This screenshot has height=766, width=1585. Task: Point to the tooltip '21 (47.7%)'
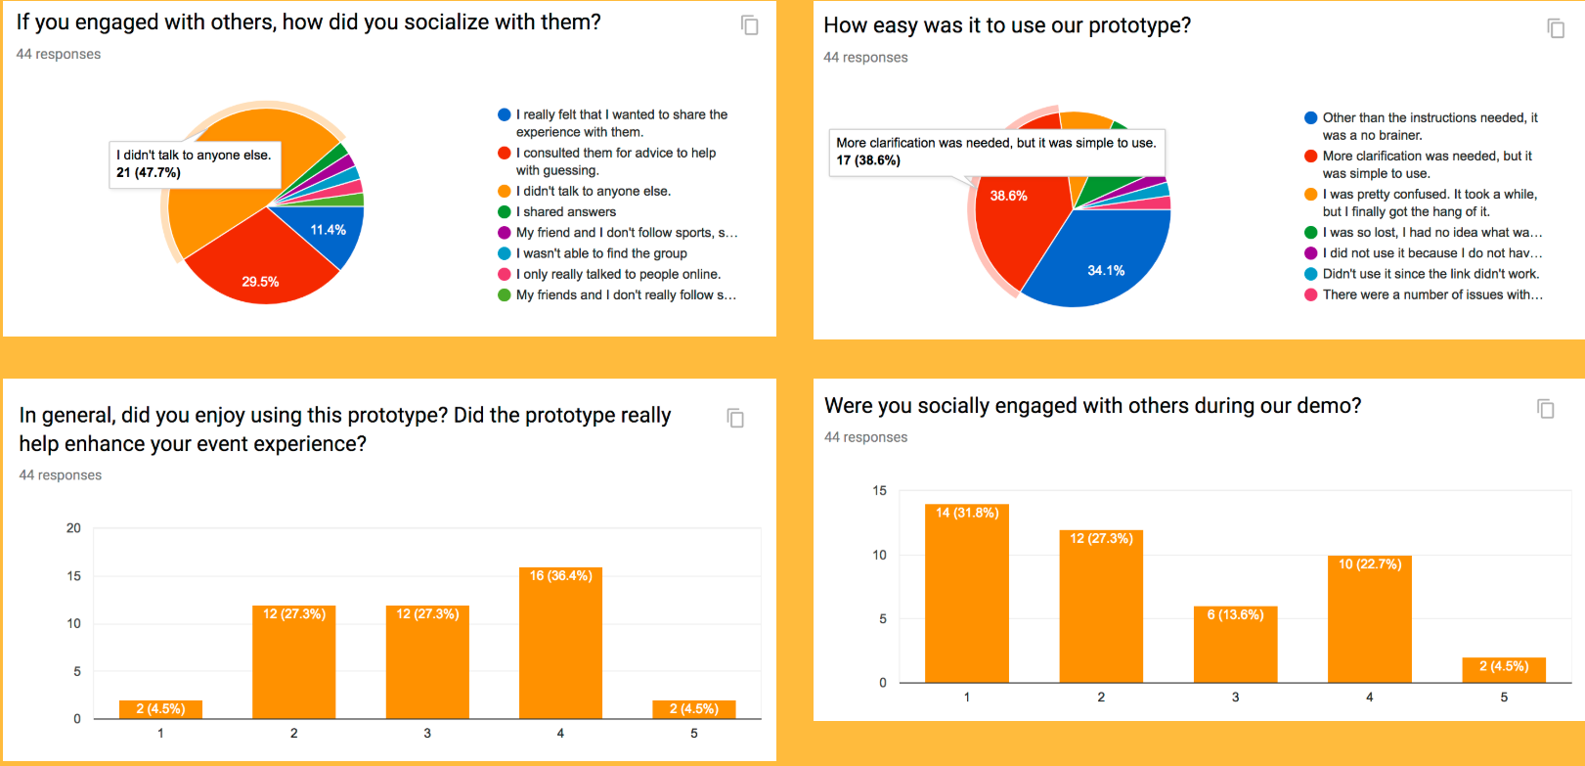coord(149,173)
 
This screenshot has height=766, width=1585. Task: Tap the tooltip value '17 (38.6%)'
coord(868,160)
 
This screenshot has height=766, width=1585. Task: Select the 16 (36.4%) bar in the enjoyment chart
coord(560,643)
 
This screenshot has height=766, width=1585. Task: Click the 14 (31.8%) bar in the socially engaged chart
coord(967,593)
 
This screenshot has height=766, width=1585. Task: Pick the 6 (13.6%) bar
coord(1236,645)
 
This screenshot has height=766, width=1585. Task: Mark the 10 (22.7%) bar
coord(1370,619)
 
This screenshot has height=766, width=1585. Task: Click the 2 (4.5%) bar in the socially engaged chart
coord(1504,670)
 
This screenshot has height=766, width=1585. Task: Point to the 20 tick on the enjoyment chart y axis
coord(73,528)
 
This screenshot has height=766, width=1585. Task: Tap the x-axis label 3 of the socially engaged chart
coord(1236,698)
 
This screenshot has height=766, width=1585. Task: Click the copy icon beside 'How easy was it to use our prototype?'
coord(1556,28)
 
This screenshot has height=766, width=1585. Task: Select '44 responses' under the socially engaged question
coord(865,437)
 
